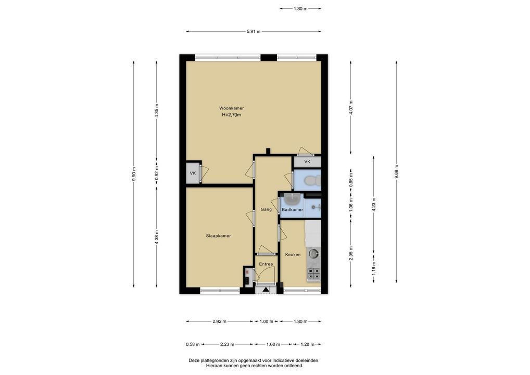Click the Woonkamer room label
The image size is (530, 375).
coord(232,108)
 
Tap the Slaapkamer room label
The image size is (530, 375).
coord(218,236)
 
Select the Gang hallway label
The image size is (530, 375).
coord(266,209)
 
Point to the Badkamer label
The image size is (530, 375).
coord(293,210)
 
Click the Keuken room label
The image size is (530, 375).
coord(293,255)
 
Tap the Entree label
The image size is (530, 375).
coord(266,264)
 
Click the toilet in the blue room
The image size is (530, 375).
coord(312,181)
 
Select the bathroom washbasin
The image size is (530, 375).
coord(292,199)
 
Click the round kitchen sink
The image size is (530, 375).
coord(313,253)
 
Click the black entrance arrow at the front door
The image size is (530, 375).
coord(266,290)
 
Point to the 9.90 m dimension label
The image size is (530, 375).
coord(134,174)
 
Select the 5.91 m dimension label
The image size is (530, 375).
coord(254,31)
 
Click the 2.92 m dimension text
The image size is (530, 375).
coord(219,321)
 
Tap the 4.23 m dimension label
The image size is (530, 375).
coord(373,204)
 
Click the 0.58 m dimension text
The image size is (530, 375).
coord(193,345)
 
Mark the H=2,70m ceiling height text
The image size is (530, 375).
coord(232,115)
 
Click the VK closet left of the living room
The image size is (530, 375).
coord(193,173)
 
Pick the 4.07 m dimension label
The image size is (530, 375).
coord(350,107)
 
